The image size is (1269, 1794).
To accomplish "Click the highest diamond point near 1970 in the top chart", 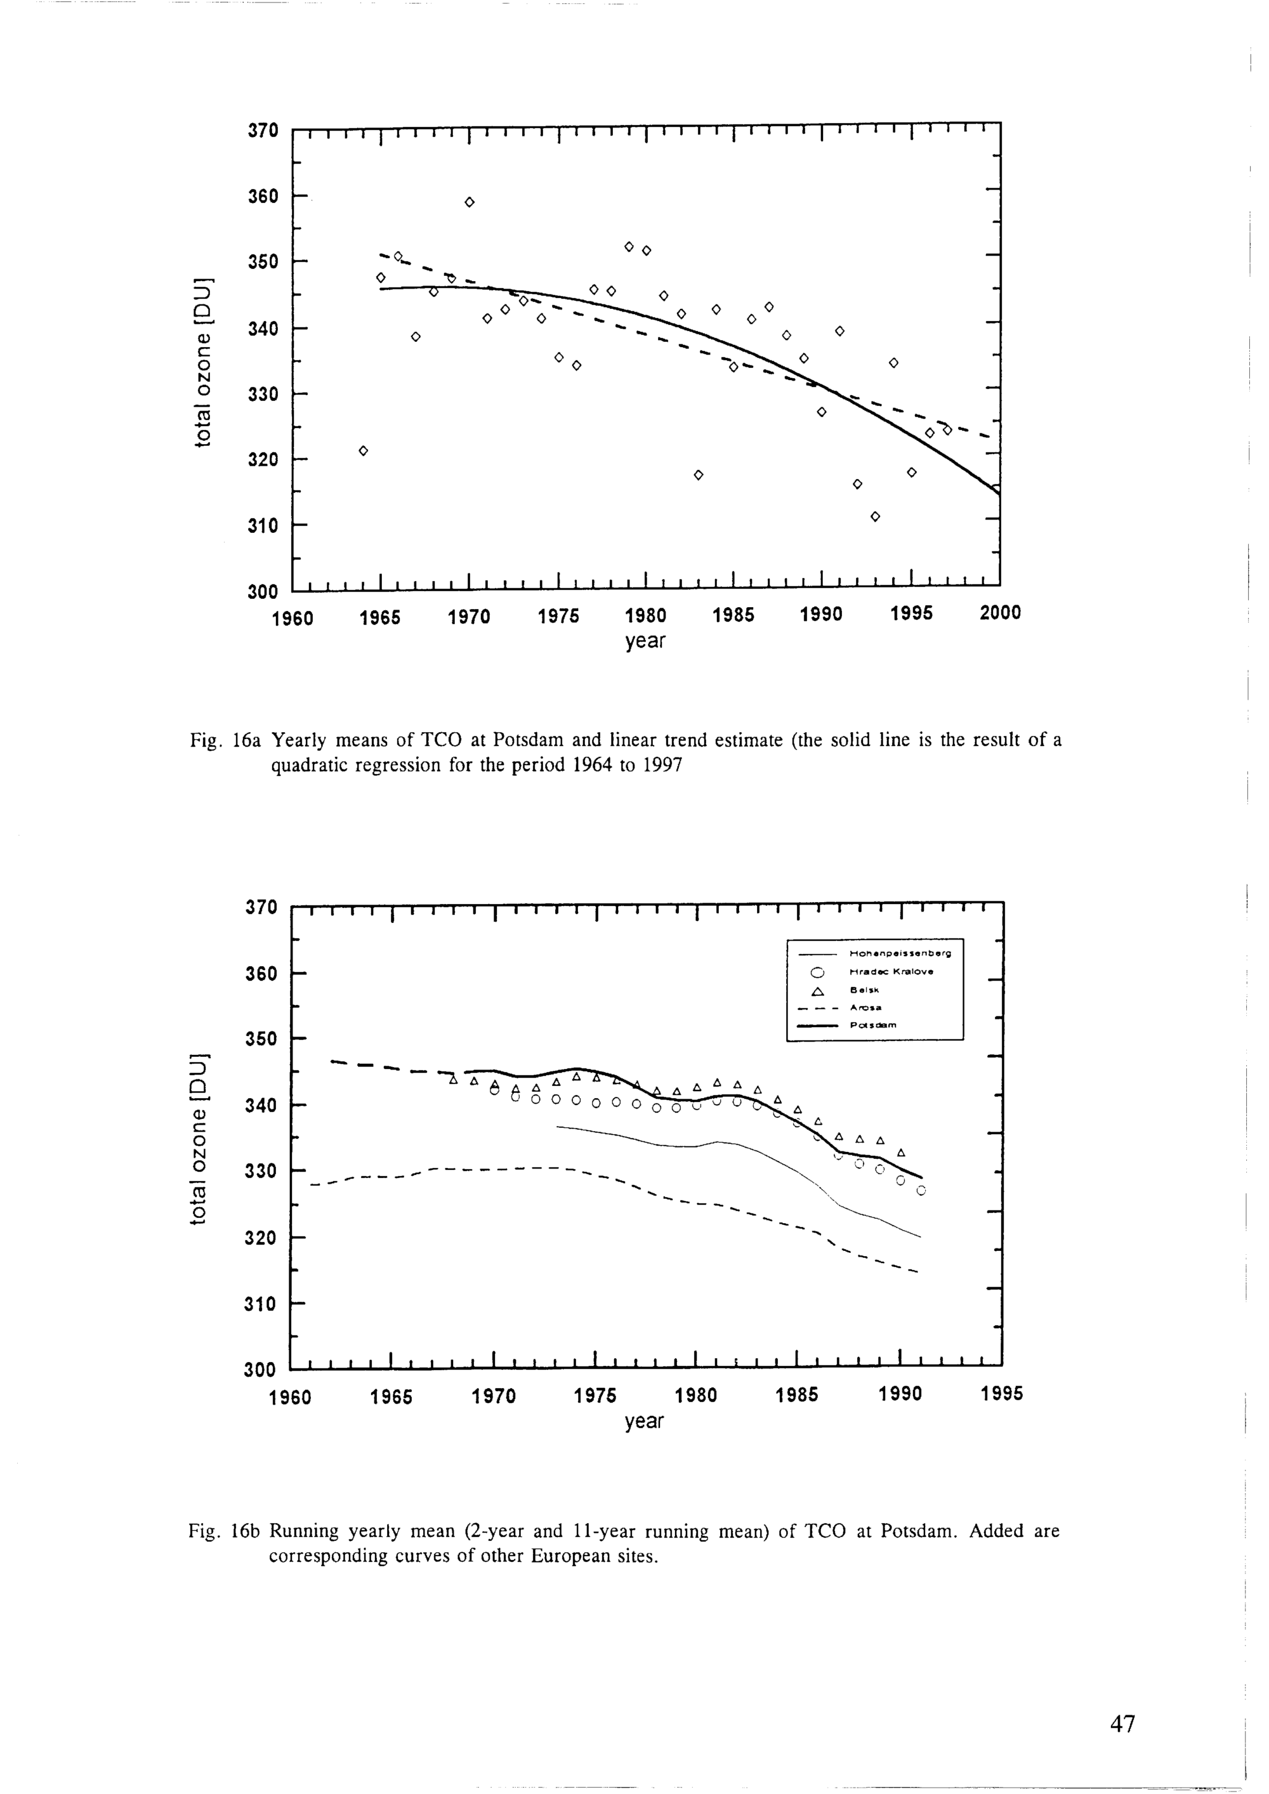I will pyautogui.click(x=470, y=202).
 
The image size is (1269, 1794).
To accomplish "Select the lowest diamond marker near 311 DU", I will pyautogui.click(x=875, y=516).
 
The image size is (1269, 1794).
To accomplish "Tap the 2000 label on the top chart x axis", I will pyautogui.click(x=999, y=613).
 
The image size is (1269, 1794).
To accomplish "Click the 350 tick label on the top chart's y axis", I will pyautogui.click(x=263, y=261).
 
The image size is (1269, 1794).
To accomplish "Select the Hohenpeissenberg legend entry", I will pyautogui.click(x=899, y=953).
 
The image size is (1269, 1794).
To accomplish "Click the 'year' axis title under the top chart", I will pyautogui.click(x=645, y=641).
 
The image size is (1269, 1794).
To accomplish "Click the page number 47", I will pyautogui.click(x=1122, y=1723).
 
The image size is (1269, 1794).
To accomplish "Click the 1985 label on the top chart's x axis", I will pyautogui.click(x=733, y=615).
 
